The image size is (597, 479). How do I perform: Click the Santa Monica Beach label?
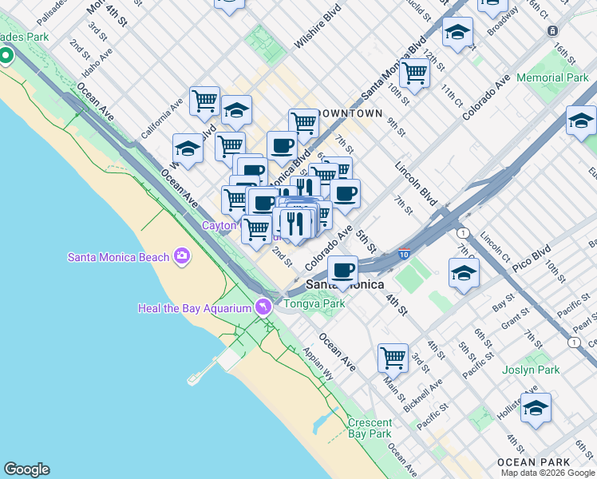(x=118, y=256)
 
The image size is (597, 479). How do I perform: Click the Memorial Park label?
(x=552, y=78)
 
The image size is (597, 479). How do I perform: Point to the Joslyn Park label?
(x=531, y=370)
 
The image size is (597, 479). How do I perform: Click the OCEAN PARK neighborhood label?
(x=533, y=462)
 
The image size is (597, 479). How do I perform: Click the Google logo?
(x=26, y=469)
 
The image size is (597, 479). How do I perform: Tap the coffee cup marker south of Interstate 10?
(x=343, y=269)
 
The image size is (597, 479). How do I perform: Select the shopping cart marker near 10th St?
(x=415, y=72)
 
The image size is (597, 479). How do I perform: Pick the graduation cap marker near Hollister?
(x=536, y=407)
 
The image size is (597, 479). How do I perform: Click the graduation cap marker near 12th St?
(x=457, y=32)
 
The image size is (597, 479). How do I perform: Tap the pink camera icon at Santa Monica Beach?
(x=182, y=256)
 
